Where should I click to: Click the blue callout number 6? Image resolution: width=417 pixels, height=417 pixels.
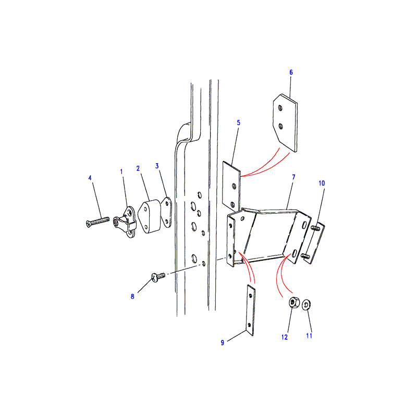(x=291, y=72)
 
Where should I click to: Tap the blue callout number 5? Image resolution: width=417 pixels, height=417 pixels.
(x=238, y=122)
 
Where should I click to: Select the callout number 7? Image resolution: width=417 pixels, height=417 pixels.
(x=293, y=177)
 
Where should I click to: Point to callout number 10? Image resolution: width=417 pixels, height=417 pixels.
(x=322, y=183)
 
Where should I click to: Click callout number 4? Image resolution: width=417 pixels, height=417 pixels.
(x=90, y=178)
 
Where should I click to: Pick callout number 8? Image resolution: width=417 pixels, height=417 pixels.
(x=132, y=297)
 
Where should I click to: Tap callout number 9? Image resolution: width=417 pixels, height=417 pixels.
(x=223, y=343)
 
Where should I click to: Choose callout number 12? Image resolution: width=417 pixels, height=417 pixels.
(x=285, y=337)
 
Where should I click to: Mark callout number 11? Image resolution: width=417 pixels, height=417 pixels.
(x=309, y=336)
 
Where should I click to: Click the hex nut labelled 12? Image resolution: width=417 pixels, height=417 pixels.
(x=294, y=303)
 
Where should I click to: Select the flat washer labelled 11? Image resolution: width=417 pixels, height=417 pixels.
(x=306, y=304)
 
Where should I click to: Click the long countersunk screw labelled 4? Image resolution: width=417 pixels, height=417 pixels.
(x=97, y=222)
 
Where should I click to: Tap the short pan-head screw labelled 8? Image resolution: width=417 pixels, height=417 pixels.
(x=158, y=277)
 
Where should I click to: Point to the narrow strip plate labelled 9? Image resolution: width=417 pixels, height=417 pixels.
(x=251, y=310)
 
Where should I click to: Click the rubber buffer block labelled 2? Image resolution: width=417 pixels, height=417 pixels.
(x=150, y=216)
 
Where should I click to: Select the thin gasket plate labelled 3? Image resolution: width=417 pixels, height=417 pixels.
(x=167, y=212)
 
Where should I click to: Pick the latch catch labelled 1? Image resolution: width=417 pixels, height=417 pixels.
(x=126, y=223)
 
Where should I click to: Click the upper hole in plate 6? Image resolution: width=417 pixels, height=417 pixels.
(x=280, y=108)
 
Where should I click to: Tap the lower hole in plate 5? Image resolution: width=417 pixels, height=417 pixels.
(x=232, y=205)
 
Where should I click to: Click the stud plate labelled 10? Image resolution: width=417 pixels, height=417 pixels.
(x=314, y=242)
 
